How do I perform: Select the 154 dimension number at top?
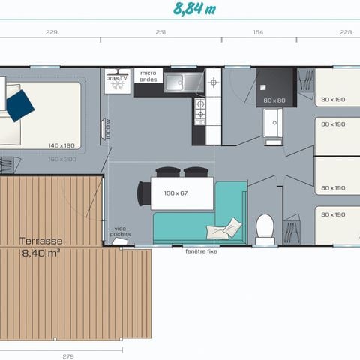point(258,32)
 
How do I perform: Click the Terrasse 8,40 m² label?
point(42,247)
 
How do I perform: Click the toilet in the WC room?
point(265,228)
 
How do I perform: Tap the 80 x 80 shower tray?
point(274,87)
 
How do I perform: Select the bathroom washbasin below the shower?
point(272,124)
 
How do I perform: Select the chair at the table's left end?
point(142,194)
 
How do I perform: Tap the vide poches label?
point(120,231)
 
